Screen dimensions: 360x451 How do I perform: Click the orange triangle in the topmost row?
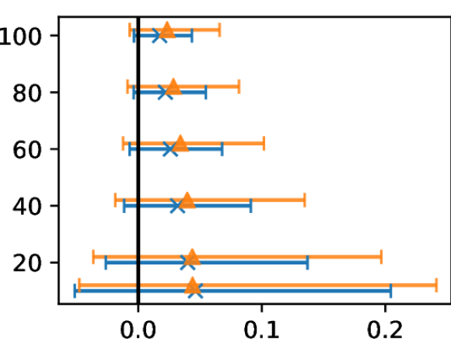click(166, 30)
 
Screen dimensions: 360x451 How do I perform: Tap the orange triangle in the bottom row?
click(192, 286)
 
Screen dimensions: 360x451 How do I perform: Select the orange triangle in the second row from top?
click(173, 86)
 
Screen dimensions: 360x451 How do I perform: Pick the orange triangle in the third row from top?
click(180, 143)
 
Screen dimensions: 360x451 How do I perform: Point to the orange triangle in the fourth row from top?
click(187, 200)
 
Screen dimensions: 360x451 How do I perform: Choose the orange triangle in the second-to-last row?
click(191, 257)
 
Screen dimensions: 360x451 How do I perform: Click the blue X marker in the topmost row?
click(159, 36)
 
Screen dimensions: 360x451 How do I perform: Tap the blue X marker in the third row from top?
click(170, 149)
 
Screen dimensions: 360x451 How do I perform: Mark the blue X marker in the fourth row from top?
click(177, 205)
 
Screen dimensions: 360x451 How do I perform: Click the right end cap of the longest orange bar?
click(436, 285)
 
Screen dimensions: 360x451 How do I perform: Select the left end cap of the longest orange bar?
click(79, 285)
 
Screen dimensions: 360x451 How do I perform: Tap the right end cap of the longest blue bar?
click(391, 291)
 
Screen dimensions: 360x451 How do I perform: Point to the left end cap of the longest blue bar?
click(75, 291)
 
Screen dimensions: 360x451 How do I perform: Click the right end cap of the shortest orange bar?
click(219, 30)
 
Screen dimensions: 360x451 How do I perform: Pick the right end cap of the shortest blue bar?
click(191, 36)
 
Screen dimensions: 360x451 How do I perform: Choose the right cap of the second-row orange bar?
click(239, 86)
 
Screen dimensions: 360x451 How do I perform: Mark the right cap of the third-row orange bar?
click(264, 143)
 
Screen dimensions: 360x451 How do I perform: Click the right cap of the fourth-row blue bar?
click(250, 205)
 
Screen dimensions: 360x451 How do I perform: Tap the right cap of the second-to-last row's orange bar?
click(381, 257)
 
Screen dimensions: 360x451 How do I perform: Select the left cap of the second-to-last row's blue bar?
click(105, 263)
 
